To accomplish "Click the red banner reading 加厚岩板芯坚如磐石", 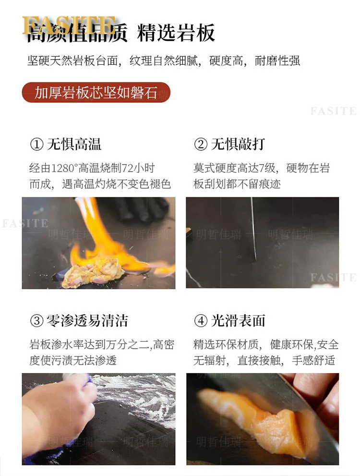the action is [x=96, y=92].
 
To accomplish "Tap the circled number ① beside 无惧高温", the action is [x=36, y=144].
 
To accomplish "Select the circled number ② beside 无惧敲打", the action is [x=201, y=144].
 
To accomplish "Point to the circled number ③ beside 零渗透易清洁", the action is [x=36, y=321].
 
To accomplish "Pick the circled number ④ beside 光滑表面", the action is [x=201, y=321].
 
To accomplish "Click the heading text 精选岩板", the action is [x=176, y=33].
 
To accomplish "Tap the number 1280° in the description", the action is [x=65, y=168].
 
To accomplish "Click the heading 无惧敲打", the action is [x=238, y=144].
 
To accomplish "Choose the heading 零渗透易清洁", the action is [x=87, y=321].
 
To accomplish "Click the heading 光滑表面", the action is [x=238, y=321].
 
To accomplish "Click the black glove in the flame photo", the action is [x=143, y=210].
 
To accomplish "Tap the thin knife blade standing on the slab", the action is [x=253, y=229].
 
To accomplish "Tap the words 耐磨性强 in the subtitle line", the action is [x=277, y=61].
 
